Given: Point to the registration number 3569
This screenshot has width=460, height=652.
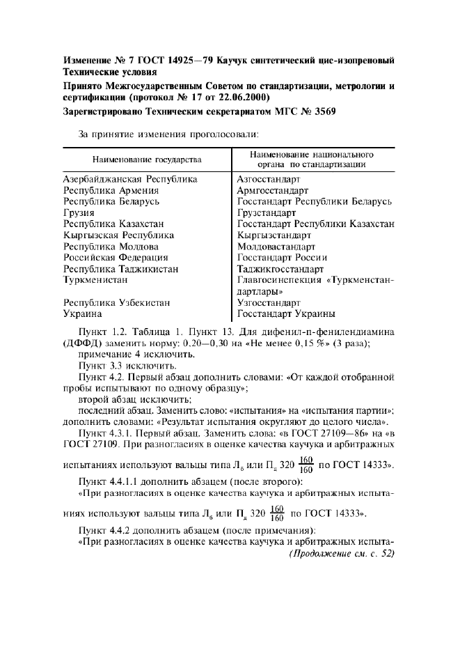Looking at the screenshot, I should [303, 111].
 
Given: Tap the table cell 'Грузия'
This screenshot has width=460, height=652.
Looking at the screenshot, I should [80, 212].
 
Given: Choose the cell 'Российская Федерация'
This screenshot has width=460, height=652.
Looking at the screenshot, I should [116, 257].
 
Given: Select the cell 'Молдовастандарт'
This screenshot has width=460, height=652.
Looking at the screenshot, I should [276, 246].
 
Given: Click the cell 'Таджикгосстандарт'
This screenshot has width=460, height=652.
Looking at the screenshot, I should [280, 268].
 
